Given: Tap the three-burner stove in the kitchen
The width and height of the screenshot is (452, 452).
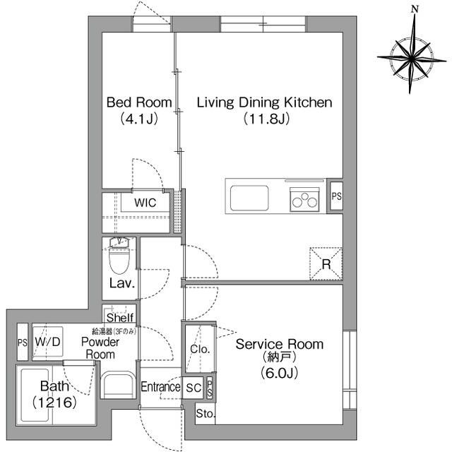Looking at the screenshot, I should tap(305, 200).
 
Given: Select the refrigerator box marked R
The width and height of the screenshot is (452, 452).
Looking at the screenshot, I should tap(326, 263).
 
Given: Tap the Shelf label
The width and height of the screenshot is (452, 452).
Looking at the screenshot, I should tap(120, 318).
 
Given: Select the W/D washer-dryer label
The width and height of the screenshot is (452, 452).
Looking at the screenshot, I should tap(48, 343).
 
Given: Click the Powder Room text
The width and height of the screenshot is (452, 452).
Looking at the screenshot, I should tap(100, 347).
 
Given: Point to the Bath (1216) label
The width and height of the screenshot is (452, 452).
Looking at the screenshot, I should tap(53, 394).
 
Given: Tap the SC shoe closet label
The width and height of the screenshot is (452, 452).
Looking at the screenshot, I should tap(194, 387).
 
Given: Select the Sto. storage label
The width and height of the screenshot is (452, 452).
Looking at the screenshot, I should tap(205, 414).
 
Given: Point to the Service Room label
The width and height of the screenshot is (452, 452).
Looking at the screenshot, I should tap(279, 345).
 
